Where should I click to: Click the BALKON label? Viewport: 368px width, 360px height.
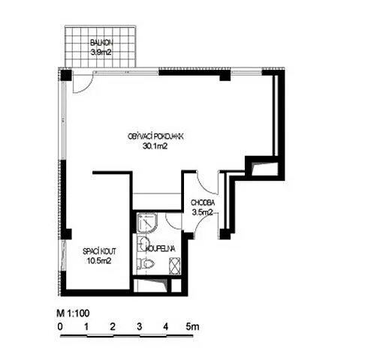click(x=101, y=43)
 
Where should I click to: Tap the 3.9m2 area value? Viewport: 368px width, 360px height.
click(x=101, y=52)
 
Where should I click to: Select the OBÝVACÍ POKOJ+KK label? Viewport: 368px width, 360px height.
click(x=156, y=136)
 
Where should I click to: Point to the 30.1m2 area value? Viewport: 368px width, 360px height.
click(x=155, y=146)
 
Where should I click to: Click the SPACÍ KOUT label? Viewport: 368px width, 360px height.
click(x=99, y=251)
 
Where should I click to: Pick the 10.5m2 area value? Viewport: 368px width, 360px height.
click(x=99, y=261)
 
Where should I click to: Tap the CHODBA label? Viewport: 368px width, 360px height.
click(x=203, y=202)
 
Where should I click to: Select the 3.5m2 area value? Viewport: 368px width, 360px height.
click(x=202, y=212)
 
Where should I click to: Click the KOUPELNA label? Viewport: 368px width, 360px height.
click(x=160, y=249)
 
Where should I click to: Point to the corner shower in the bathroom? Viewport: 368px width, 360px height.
click(x=146, y=223)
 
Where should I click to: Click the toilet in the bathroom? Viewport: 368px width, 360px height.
click(x=146, y=263)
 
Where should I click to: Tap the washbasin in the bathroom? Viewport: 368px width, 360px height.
click(x=143, y=243)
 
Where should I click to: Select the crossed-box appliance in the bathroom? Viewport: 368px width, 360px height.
click(x=175, y=266)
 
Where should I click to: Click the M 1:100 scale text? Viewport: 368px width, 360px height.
click(x=73, y=313)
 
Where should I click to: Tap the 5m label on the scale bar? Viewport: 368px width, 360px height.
click(x=192, y=326)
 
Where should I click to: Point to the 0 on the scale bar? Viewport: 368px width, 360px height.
click(x=60, y=327)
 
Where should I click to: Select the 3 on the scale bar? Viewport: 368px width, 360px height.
click(x=140, y=326)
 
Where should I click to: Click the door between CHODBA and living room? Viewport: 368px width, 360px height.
click(x=207, y=182)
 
